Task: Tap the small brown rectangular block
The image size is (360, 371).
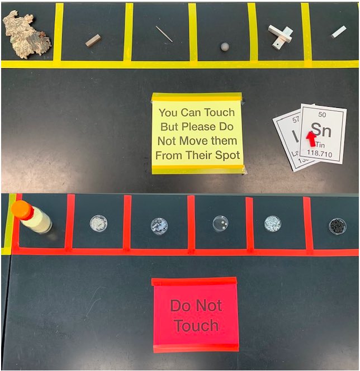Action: (x=93, y=40)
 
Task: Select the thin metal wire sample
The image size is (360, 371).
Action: (x=164, y=34)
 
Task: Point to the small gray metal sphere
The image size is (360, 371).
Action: (x=225, y=46)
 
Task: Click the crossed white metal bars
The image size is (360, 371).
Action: (x=280, y=35)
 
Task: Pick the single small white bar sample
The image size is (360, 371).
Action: (x=339, y=32)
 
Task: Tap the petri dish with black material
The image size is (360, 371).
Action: (x=337, y=226)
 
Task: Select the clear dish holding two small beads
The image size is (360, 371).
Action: (x=220, y=223)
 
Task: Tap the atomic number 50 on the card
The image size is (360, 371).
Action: (x=321, y=115)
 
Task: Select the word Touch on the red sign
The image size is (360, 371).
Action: (x=196, y=325)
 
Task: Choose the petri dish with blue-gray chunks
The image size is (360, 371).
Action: (x=159, y=226)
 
